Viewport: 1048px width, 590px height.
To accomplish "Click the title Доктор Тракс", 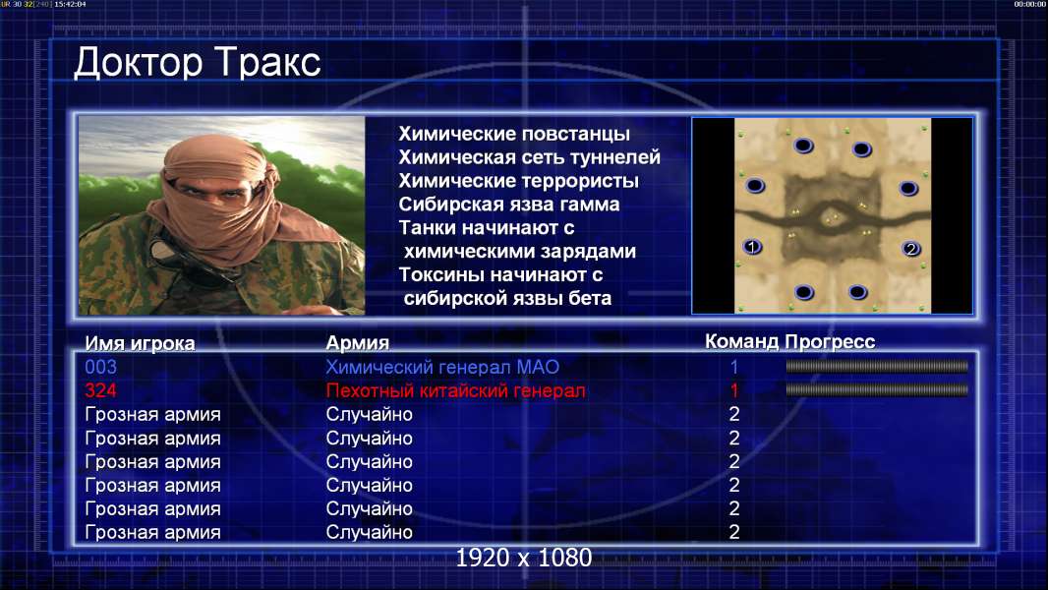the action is [198, 64].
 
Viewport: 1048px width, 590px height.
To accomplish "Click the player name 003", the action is [101, 367].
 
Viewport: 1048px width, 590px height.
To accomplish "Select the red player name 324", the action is [101, 390].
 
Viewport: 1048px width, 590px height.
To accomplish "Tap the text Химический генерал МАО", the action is [442, 367].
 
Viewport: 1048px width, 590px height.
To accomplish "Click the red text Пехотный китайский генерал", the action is [456, 391].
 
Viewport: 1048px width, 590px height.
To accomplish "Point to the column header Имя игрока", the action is [140, 343].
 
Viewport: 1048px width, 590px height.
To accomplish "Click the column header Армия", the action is [358, 343].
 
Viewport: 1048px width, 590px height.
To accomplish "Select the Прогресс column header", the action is [830, 342].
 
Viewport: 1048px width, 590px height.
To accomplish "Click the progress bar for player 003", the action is [877, 366].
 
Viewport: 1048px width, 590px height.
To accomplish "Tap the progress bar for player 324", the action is [877, 389].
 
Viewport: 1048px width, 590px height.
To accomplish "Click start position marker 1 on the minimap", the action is [752, 247].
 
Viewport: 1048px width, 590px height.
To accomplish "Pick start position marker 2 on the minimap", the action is [910, 249].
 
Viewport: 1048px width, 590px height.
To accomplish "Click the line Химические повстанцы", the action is [514, 134].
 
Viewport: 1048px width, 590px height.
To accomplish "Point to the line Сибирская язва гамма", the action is [509, 205].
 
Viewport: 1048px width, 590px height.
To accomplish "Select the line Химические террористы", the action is [519, 181].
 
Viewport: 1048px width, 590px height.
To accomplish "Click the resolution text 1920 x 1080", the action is [524, 558].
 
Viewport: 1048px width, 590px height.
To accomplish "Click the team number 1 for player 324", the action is [733, 390].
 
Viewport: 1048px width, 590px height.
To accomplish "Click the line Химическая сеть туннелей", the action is [529, 157].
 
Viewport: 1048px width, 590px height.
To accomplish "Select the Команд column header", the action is [742, 342].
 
